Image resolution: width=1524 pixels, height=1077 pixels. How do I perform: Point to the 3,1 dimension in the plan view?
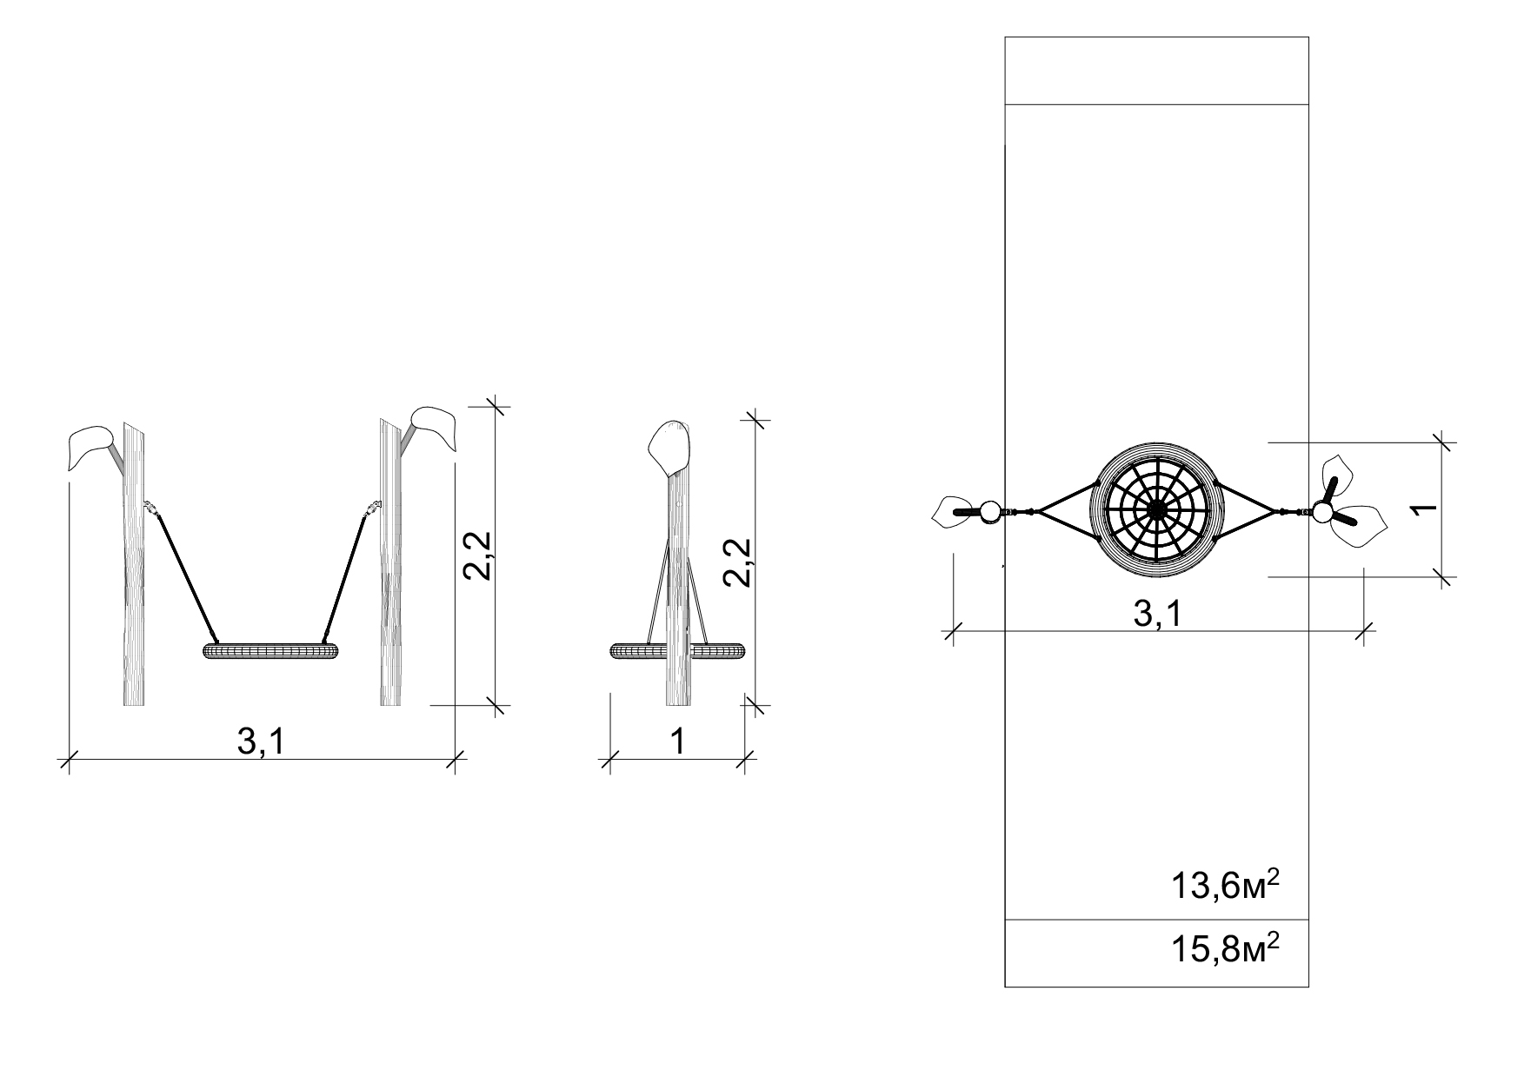tap(1158, 614)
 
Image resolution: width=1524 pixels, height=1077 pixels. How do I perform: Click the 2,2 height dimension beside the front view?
tap(477, 555)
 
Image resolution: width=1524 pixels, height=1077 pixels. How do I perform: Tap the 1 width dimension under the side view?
tap(677, 741)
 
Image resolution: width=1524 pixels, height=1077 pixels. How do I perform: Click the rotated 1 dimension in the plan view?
tap(1423, 509)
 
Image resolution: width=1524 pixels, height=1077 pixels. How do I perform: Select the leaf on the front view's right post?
tap(433, 428)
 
